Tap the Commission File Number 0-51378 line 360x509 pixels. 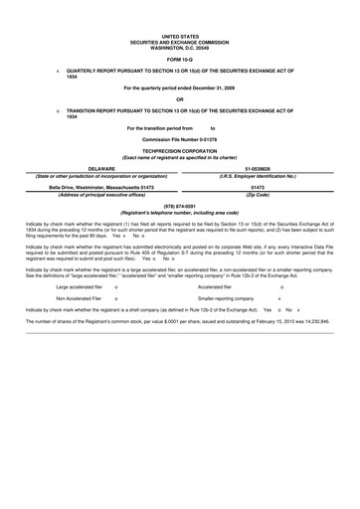click(x=180, y=136)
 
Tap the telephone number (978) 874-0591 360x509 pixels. click(x=180, y=208)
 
